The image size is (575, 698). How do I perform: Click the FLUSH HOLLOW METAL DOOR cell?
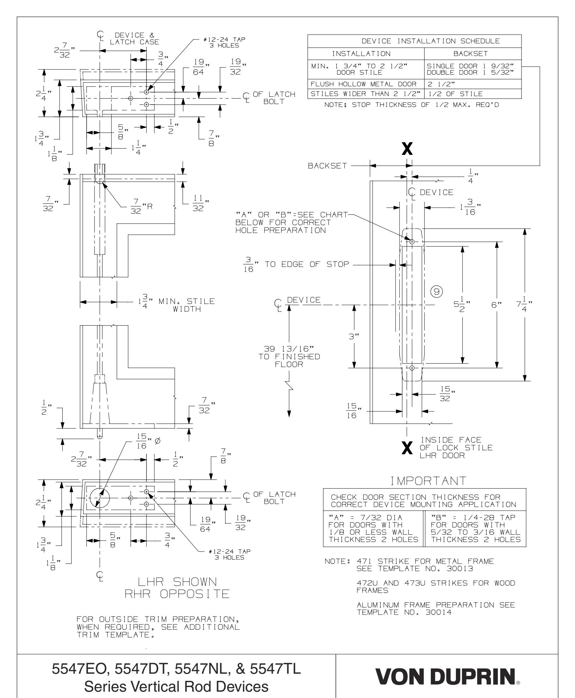(365, 84)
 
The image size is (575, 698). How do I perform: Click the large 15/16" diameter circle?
(100, 498)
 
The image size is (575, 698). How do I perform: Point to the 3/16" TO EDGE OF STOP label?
(296, 265)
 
